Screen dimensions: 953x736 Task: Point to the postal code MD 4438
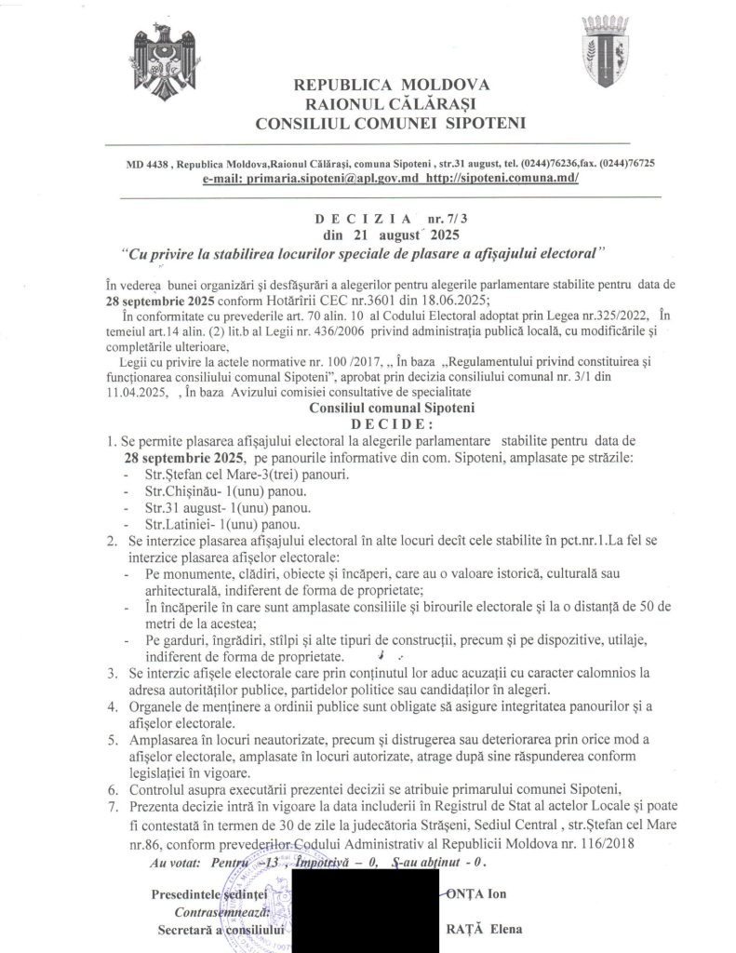(x=148, y=163)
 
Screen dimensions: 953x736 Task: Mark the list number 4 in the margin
(x=113, y=707)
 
